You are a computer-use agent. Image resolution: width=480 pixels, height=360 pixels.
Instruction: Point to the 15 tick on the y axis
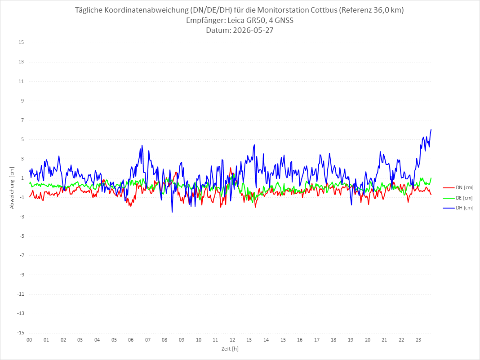[x=21, y=43]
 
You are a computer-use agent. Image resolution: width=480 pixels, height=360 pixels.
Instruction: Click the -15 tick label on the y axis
[x=20, y=333]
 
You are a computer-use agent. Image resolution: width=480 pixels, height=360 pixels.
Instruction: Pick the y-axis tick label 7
[x=22, y=120]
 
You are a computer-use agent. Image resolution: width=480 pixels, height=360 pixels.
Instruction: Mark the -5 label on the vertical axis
[x=22, y=236]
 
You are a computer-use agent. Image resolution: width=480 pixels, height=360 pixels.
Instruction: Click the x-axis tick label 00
[x=29, y=340]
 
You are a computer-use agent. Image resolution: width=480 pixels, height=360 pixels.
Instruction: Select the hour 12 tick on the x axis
[x=232, y=340]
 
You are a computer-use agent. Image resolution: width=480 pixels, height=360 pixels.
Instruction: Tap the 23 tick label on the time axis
[x=418, y=340]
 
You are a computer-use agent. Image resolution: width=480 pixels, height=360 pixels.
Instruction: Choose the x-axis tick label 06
[x=131, y=340]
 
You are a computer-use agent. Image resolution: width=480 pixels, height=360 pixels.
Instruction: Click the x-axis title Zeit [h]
[x=230, y=349]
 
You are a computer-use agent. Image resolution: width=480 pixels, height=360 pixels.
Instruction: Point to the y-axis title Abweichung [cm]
[x=12, y=188]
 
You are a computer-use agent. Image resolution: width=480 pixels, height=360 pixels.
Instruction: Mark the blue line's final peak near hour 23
[x=431, y=129]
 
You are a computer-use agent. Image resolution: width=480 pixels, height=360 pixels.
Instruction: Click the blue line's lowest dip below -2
[x=172, y=212]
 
